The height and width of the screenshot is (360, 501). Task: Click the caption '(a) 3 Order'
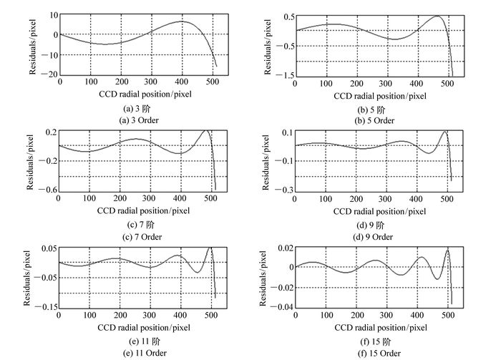click(x=140, y=120)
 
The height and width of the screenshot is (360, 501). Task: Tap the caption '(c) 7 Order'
click(x=140, y=237)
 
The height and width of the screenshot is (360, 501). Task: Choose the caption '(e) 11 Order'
click(x=140, y=352)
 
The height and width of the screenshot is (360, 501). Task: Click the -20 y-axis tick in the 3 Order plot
click(x=48, y=74)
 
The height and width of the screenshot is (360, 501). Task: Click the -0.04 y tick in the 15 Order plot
click(x=282, y=307)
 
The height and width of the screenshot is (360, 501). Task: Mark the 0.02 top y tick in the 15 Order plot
click(x=284, y=248)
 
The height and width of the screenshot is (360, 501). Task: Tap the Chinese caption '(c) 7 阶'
click(x=140, y=225)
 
